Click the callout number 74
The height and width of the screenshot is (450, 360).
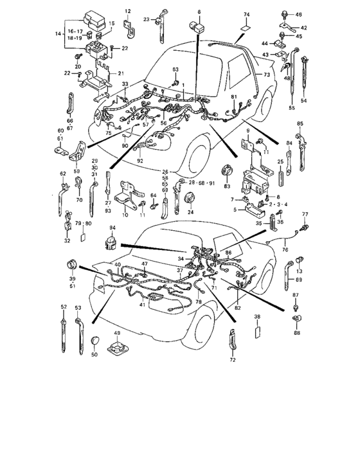[x=246, y=14]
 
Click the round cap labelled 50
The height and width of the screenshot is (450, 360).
[x=95, y=340]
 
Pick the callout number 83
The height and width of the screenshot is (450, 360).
[x=226, y=186]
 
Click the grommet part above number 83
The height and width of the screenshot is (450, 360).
[x=226, y=172]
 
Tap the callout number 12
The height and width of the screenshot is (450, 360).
[x=127, y=12]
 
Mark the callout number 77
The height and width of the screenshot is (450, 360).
[x=305, y=213]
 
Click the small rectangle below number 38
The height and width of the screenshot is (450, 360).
[x=257, y=332]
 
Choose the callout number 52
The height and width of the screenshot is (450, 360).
[x=64, y=307]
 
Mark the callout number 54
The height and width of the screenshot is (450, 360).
[x=303, y=101]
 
